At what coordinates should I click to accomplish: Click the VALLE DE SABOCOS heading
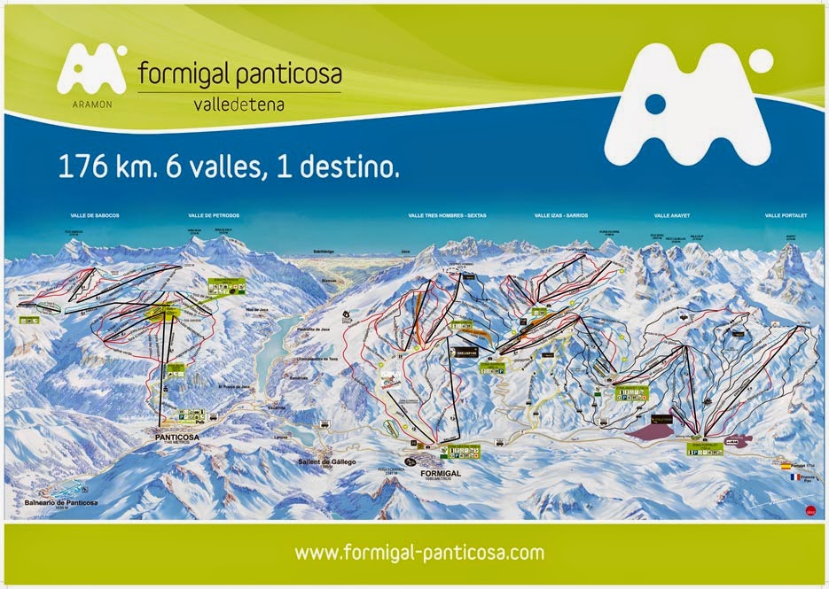click(x=96, y=215)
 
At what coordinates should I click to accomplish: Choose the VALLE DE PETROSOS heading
click(x=214, y=215)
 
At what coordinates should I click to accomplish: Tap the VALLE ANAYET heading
click(x=673, y=215)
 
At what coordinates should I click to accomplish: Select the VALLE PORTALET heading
click(x=789, y=215)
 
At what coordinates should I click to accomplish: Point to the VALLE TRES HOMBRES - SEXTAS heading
click(x=448, y=215)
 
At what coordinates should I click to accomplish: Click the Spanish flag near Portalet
click(x=786, y=464)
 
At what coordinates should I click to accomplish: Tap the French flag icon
click(x=786, y=476)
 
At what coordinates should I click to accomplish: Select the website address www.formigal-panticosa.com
click(x=418, y=553)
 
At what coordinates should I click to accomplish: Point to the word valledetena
click(x=239, y=104)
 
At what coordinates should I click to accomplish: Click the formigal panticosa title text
click(x=239, y=74)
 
